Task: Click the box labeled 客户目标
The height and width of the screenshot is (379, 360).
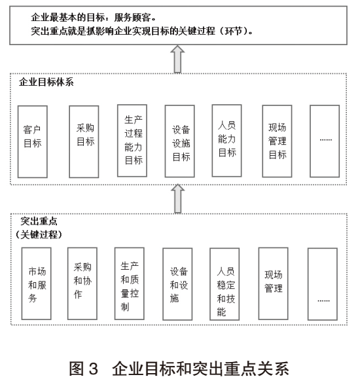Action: pyautogui.click(x=32, y=141)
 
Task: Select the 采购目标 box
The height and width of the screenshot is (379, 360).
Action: pyautogui.click(x=84, y=141)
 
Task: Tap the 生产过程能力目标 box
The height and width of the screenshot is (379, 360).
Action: pyautogui.click(x=132, y=141)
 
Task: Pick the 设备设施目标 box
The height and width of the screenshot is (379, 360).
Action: pyautogui.click(x=179, y=141)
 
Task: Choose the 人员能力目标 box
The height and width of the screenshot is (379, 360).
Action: pyautogui.click(x=226, y=141)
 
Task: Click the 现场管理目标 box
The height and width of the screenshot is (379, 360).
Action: pyautogui.click(x=277, y=141)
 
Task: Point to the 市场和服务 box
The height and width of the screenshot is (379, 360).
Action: pyautogui.click(x=36, y=283)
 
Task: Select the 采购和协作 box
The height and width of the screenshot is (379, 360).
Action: pyautogui.click(x=82, y=283)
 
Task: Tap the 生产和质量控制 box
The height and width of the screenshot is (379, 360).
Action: pyautogui.click(x=130, y=283)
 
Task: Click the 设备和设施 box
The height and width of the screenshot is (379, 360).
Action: pyautogui.click(x=177, y=284)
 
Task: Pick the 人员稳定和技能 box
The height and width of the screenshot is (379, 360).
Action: pyautogui.click(x=225, y=284)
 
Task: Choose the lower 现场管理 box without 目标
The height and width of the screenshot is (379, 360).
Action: pyautogui.click(x=273, y=283)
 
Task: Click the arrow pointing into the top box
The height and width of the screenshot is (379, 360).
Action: pyautogui.click(x=177, y=59)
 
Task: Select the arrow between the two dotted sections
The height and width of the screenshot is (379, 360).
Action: pyautogui.click(x=178, y=199)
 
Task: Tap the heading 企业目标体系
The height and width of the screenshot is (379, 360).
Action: pyautogui.click(x=46, y=82)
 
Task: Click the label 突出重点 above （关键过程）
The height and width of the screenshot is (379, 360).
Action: pyautogui.click(x=39, y=221)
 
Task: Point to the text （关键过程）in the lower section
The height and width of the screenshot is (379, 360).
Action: pyautogui.click(x=39, y=234)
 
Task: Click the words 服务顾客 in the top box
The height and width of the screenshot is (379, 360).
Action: pyautogui.click(x=132, y=18)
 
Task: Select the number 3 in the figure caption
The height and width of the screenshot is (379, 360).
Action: pyautogui.click(x=94, y=369)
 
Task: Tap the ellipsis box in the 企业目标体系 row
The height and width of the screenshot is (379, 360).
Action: pyautogui.click(x=325, y=141)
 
